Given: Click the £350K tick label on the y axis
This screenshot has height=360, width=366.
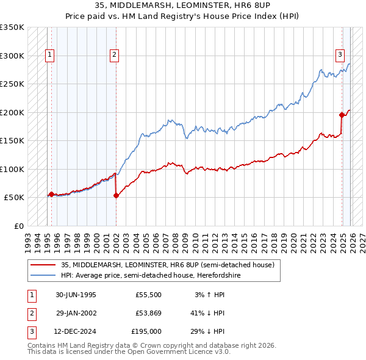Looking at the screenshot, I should (x=12, y=27).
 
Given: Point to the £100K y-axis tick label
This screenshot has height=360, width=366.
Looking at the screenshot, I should (x=12, y=169).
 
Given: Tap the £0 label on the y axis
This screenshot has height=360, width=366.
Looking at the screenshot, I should (x=18, y=226).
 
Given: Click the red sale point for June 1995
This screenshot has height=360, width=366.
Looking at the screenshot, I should (x=51, y=194).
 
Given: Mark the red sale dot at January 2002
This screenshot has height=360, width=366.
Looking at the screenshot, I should (x=116, y=195).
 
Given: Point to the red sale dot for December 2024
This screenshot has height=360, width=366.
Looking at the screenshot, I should (x=342, y=115).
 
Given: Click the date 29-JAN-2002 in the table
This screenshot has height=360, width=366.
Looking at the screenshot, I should (x=76, y=313).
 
